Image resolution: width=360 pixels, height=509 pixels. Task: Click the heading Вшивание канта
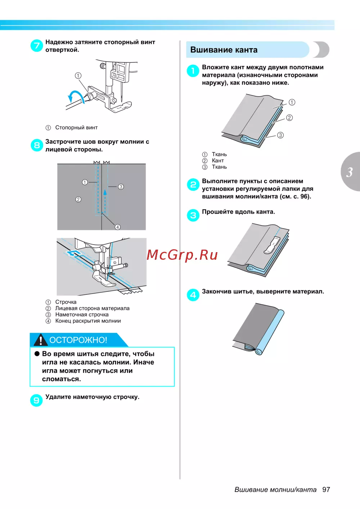point(224,50)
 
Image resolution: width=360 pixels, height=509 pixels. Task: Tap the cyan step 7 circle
point(36,45)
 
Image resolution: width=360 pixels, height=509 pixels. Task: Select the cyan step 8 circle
point(36,145)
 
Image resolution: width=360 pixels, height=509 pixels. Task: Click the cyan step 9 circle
point(36,400)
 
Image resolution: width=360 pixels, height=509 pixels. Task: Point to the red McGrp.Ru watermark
point(182,255)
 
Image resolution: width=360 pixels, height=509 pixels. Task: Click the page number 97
point(326,490)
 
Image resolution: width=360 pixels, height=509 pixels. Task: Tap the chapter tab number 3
point(349,172)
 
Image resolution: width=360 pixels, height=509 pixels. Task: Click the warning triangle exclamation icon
point(41,340)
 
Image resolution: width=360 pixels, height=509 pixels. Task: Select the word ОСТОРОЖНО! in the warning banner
point(78,340)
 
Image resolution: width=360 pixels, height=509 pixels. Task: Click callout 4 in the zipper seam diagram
point(117,227)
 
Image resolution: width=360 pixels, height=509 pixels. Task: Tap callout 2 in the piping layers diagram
point(289,118)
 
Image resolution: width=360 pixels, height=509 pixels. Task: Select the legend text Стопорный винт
point(76,128)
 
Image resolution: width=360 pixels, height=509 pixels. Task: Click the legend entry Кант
point(218,161)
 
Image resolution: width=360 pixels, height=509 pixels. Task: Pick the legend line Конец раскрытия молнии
point(88,321)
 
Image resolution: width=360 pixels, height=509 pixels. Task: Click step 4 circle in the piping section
point(193,295)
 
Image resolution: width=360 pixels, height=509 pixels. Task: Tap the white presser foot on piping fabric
point(272,245)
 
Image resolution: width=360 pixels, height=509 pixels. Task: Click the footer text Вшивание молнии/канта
point(275,490)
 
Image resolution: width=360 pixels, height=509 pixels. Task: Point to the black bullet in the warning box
point(37,354)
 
